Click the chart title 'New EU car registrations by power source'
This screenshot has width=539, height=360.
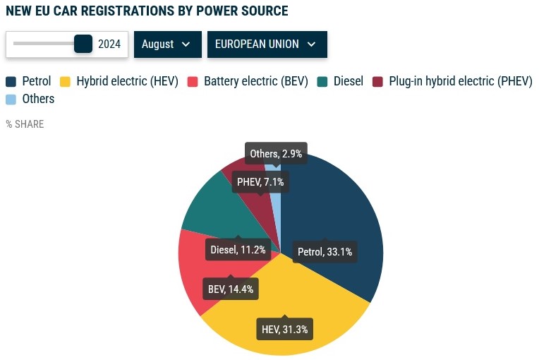(x=147, y=11)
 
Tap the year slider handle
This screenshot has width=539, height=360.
(x=83, y=44)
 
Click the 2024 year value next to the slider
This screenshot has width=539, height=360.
(x=109, y=44)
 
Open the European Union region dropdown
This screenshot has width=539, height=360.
(x=267, y=44)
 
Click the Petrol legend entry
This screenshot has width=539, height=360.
(x=29, y=81)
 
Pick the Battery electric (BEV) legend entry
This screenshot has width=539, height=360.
(x=248, y=81)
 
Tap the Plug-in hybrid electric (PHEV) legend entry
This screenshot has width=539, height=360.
(x=452, y=81)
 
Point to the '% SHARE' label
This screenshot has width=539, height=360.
(x=25, y=124)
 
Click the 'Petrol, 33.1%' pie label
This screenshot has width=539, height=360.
(x=325, y=252)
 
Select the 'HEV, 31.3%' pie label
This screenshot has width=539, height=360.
(x=284, y=329)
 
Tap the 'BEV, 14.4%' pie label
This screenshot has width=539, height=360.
(x=230, y=289)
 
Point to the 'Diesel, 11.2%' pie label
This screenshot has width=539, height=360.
(x=238, y=249)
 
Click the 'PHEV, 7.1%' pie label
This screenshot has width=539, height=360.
(x=261, y=182)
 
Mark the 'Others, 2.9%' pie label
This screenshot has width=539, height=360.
(x=276, y=154)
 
